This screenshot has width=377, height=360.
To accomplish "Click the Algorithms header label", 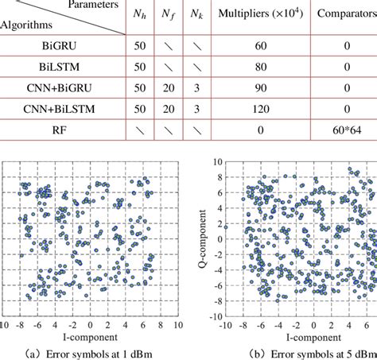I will pyautogui.click(x=29, y=25).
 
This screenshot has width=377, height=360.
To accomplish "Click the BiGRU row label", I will pyautogui.click(x=60, y=48).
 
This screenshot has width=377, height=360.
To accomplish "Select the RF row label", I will pyautogui.click(x=60, y=129).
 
